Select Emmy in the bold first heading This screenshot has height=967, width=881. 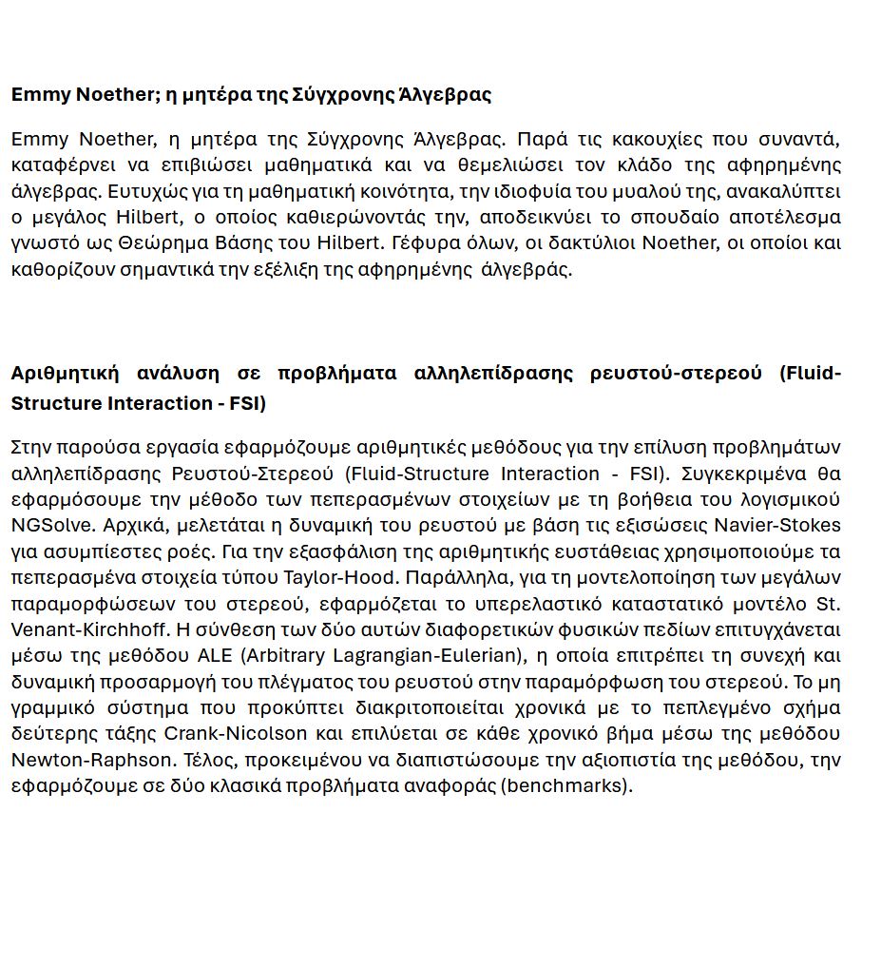pos(38,94)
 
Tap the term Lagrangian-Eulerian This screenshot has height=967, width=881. pos(430,655)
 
